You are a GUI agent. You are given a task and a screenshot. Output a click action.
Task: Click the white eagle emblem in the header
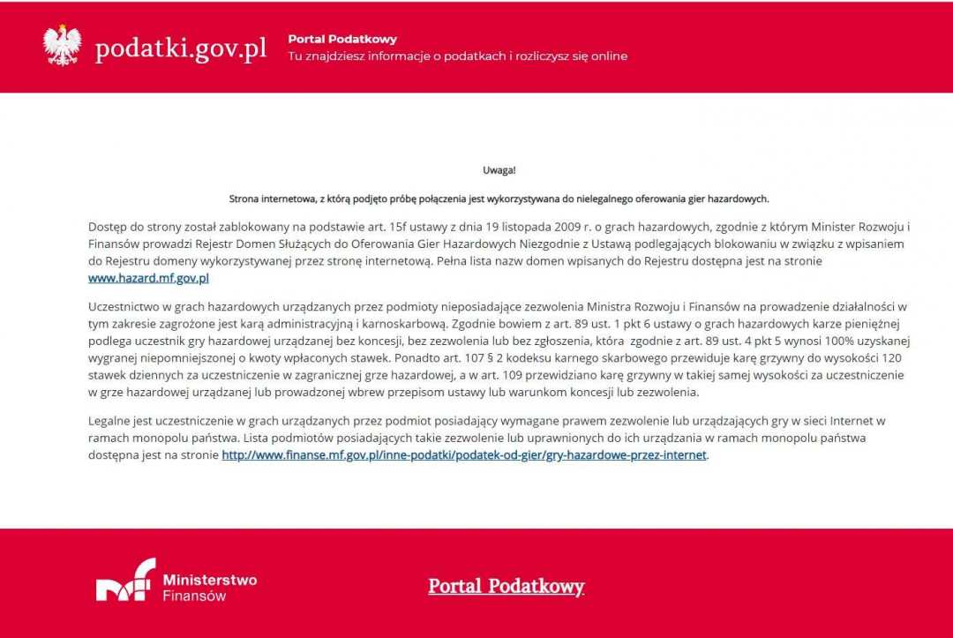[62, 46]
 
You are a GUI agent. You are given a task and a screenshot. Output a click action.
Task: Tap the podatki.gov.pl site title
[181, 49]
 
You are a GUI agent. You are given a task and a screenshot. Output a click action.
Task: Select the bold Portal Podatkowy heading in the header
[342, 39]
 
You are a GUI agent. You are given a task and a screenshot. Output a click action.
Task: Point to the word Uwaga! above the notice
[499, 170]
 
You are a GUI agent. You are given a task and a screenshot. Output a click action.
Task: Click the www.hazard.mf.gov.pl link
[148, 278]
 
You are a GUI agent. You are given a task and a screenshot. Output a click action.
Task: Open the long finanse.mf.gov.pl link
[464, 455]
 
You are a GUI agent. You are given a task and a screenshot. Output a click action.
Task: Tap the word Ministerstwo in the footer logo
[210, 580]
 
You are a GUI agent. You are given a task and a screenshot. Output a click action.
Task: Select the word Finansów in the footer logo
[194, 596]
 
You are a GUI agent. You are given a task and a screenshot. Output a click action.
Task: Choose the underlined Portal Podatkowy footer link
[507, 587]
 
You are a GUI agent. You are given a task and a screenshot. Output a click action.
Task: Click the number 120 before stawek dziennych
[891, 358]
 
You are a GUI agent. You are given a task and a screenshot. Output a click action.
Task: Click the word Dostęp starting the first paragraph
[108, 227]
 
